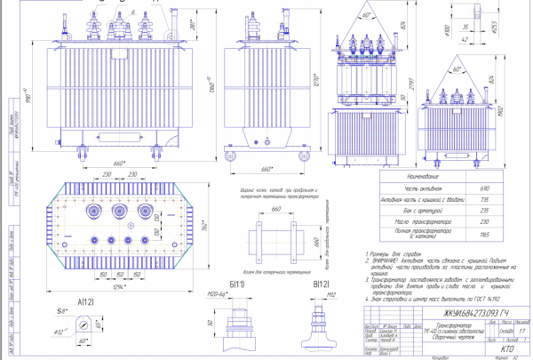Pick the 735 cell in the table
[485, 202]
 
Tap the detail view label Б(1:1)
[237, 283]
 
